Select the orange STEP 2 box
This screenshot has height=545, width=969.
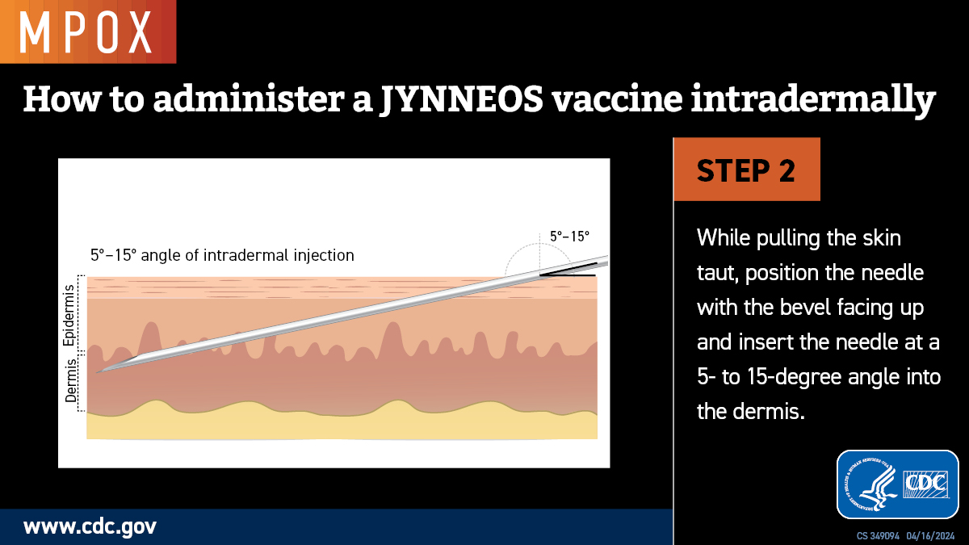[746, 170]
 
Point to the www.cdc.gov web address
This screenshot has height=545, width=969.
[90, 527]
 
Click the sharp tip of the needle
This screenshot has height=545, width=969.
[98, 372]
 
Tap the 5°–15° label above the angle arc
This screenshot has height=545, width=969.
[569, 237]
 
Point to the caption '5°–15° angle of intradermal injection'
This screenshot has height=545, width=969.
[222, 256]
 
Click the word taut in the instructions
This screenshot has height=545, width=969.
[714, 273]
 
